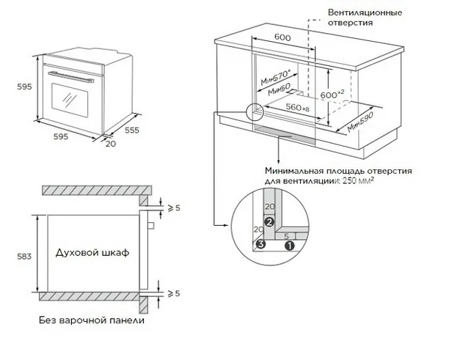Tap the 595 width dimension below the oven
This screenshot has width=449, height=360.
pyautogui.click(x=61, y=137)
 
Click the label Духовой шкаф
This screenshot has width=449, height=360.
pyautogui.click(x=92, y=252)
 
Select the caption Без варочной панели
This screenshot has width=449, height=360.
pyautogui.click(x=91, y=320)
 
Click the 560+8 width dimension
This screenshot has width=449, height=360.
pyautogui.click(x=294, y=108)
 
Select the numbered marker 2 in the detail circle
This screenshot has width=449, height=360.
pyautogui.click(x=269, y=221)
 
